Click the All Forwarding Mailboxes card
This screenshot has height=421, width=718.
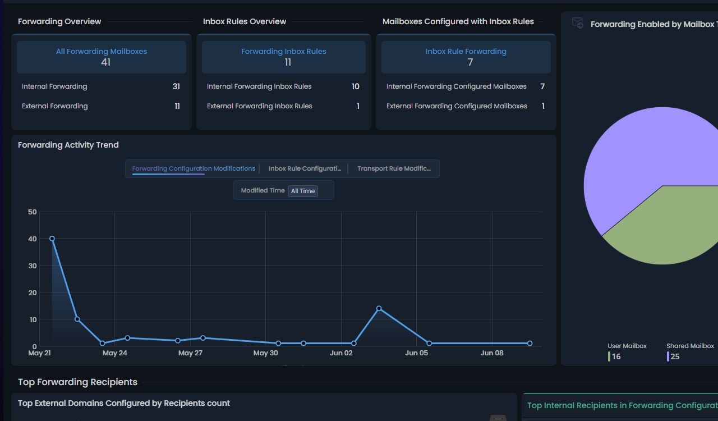(102, 57)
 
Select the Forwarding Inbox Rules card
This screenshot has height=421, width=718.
(284, 57)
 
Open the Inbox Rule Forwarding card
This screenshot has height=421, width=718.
(466, 57)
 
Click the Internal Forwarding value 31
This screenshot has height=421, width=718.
(176, 86)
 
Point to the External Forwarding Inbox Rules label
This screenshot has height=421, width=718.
(260, 106)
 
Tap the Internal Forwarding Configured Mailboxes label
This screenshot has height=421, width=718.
(457, 86)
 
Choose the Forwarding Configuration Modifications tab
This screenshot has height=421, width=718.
(194, 168)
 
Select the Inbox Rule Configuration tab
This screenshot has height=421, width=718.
(305, 168)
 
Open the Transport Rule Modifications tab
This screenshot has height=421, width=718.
(394, 168)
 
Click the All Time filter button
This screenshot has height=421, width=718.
(303, 191)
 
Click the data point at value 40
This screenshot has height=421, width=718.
(52, 239)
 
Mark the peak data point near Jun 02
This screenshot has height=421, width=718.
(379, 308)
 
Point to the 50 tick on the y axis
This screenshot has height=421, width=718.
(33, 212)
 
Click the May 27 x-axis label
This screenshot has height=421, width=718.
(190, 353)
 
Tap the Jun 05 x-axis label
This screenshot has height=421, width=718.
(416, 353)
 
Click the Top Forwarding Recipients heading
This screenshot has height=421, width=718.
(77, 382)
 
